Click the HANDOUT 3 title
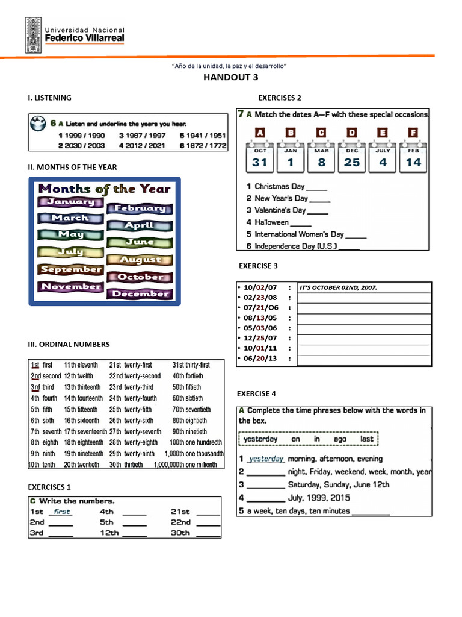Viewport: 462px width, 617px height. (231, 77)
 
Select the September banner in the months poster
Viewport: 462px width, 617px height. (70, 269)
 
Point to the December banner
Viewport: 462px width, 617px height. (140, 294)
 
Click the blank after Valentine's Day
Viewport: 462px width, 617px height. (318, 210)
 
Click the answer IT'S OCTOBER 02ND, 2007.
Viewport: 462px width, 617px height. (339, 288)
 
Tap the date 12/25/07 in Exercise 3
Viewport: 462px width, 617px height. (261, 338)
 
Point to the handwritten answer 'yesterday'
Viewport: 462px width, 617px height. (266, 459)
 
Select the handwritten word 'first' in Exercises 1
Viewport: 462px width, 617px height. (61, 512)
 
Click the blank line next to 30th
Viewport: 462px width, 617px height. (209, 534)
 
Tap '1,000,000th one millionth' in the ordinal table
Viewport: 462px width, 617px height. (185, 465)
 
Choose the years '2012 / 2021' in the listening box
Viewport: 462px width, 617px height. (142, 145)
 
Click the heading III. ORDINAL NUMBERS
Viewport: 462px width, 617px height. (69, 344)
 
